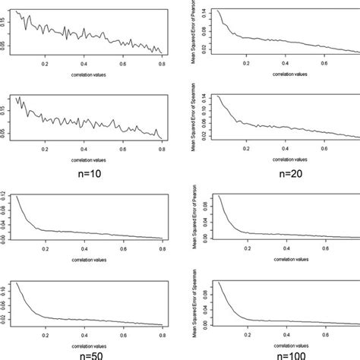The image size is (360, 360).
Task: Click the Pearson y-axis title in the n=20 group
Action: (x=199, y=30)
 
